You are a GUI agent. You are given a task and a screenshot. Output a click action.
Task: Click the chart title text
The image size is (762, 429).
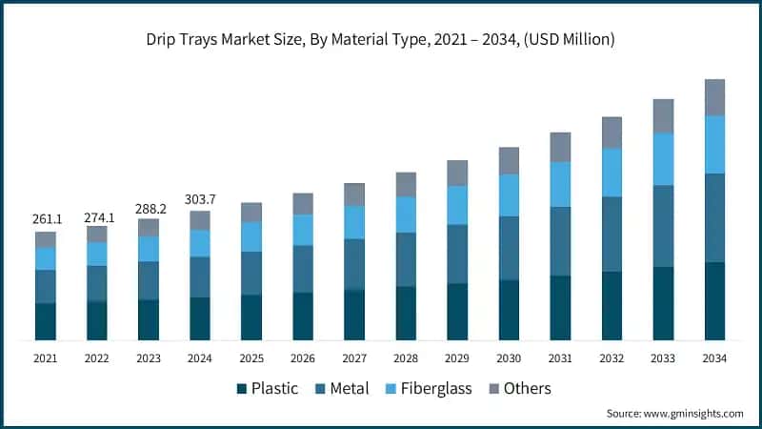pyautogui.click(x=380, y=39)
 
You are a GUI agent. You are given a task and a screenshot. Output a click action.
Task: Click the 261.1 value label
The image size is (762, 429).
pyautogui.click(x=46, y=219)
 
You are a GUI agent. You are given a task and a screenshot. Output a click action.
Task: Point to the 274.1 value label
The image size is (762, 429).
pyautogui.click(x=97, y=216)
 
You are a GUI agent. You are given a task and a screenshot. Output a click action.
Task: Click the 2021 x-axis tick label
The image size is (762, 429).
pyautogui.click(x=46, y=358)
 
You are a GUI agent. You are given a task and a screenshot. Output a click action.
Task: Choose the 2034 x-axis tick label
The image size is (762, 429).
pyautogui.click(x=714, y=358)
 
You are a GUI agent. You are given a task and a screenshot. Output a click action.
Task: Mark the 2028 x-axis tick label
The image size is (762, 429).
pyautogui.click(x=406, y=358)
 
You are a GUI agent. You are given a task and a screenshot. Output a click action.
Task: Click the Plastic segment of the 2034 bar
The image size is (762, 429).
pyautogui.click(x=714, y=301)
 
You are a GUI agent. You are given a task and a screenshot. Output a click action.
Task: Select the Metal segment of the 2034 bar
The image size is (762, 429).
pyautogui.click(x=714, y=217)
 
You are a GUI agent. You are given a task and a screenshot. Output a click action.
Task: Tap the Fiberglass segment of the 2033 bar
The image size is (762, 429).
pyautogui.click(x=663, y=158)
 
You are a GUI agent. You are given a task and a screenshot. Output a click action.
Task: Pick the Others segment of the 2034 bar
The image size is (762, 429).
pyautogui.click(x=714, y=97)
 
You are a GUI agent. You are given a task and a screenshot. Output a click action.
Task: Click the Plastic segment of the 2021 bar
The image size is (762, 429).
pyautogui.click(x=46, y=321)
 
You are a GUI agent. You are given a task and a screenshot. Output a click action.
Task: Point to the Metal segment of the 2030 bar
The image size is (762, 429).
pyautogui.click(x=509, y=248)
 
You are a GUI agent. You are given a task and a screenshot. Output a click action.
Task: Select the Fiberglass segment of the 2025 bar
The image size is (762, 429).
pyautogui.click(x=251, y=236)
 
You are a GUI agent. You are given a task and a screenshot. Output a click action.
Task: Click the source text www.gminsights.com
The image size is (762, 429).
pyautogui.click(x=674, y=413)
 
